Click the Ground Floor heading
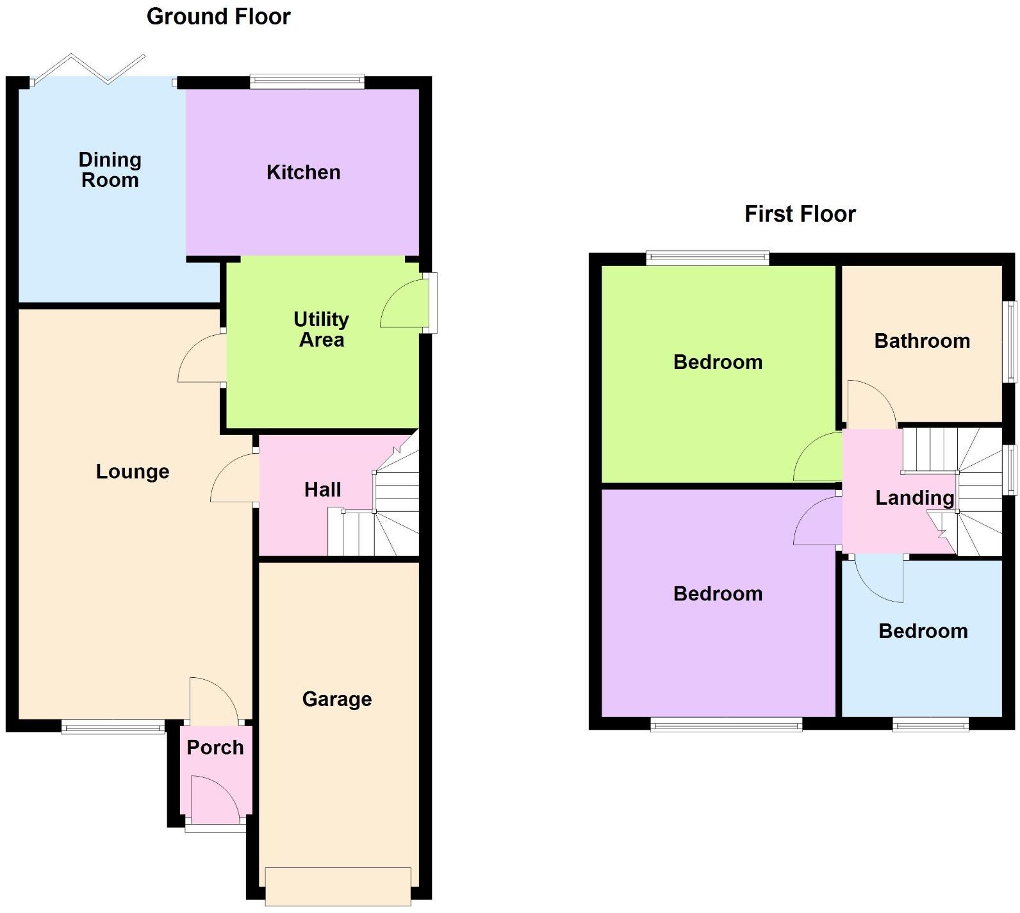[x=218, y=17]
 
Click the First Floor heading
[x=800, y=214]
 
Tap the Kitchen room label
[x=303, y=172]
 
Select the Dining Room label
[x=110, y=170]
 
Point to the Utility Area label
[x=322, y=329]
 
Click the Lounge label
[x=133, y=472]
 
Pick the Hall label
[x=322, y=490]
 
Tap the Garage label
[x=337, y=699]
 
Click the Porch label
[x=215, y=748]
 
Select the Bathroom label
[x=922, y=341]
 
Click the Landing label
[x=914, y=498]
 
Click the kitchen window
[x=307, y=81]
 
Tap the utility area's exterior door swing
[x=402, y=305]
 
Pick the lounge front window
[x=113, y=726]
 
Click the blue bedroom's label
[x=923, y=631]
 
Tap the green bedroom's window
[x=707, y=258]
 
